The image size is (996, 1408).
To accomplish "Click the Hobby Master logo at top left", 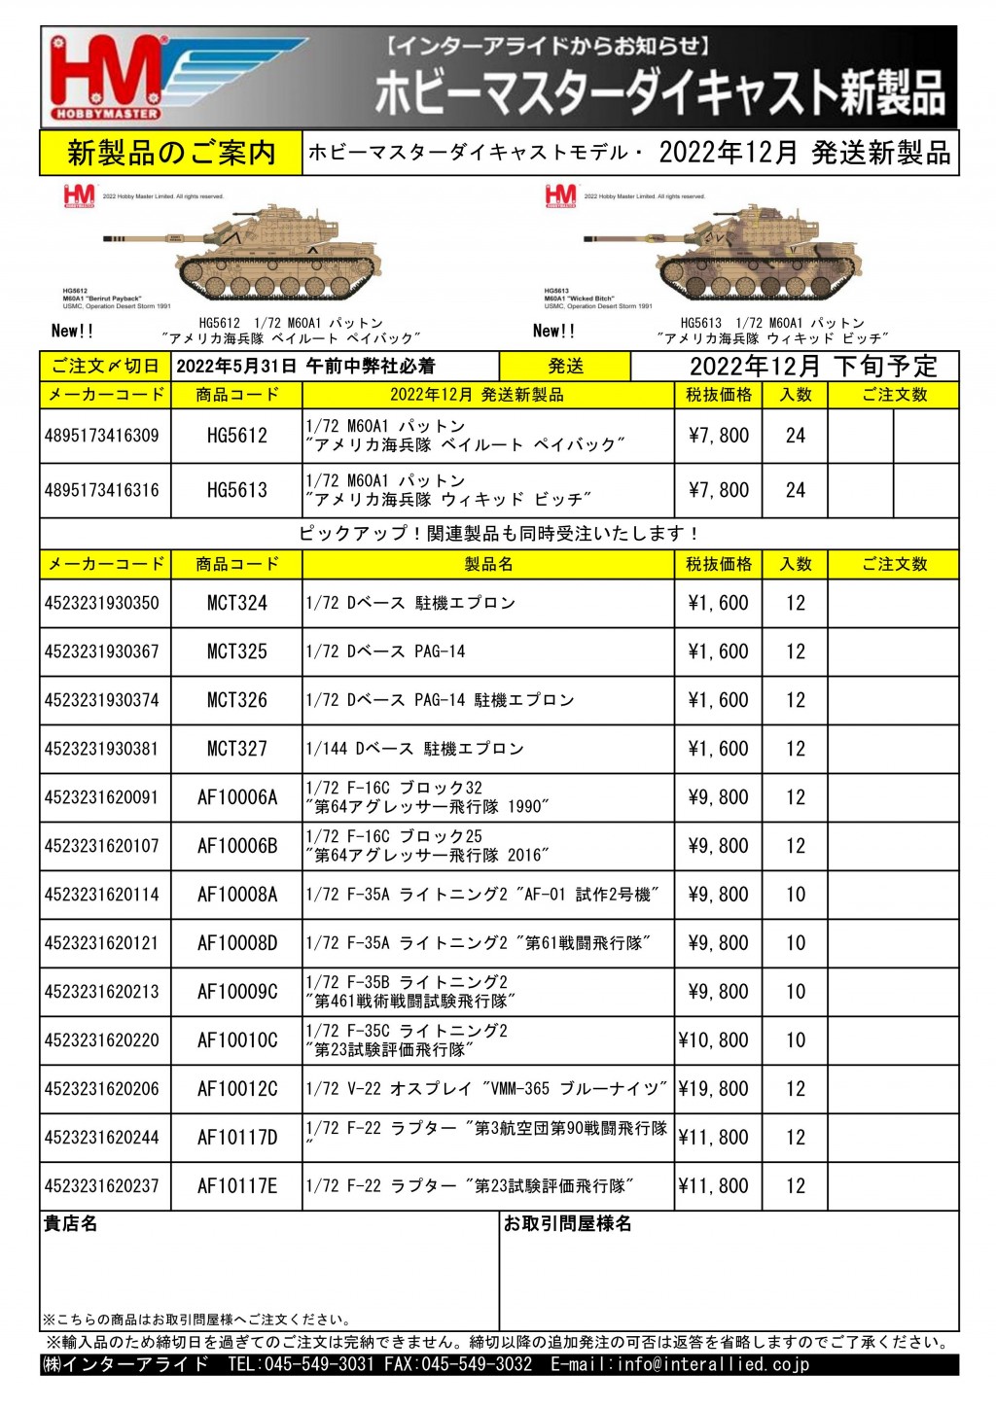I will (107, 79).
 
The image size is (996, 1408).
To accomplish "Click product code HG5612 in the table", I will (236, 436).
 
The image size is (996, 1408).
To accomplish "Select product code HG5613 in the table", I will (236, 490).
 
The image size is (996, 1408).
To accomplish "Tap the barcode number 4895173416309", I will (102, 436).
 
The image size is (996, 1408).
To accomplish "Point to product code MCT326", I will (236, 700).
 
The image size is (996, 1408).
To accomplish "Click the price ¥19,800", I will (714, 1089).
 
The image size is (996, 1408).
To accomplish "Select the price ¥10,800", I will (714, 1040).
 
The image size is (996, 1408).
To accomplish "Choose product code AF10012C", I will (236, 1089).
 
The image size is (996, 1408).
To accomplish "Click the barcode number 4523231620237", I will (102, 1186).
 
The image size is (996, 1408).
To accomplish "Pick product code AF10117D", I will (236, 1138).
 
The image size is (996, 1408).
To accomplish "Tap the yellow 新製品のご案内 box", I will (171, 153).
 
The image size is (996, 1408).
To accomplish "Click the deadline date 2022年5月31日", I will (235, 367).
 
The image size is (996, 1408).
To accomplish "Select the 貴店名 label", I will (70, 1224).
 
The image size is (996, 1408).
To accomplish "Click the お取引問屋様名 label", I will (567, 1224).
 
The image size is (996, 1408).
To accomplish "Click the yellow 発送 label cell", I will (565, 367).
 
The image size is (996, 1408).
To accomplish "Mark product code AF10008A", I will (236, 895).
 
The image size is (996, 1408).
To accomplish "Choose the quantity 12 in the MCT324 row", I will (796, 603).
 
